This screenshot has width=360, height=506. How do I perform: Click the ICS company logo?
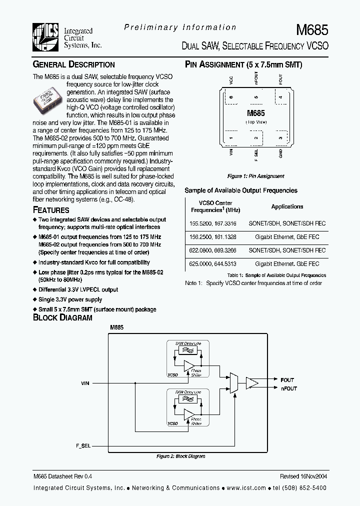point(45,36)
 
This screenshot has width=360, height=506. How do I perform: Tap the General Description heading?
point(73,64)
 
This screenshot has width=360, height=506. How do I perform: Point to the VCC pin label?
point(231,80)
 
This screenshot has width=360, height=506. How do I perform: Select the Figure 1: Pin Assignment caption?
point(255,176)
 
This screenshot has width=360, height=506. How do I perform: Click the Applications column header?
point(287,206)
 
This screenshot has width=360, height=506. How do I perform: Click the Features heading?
point(51,210)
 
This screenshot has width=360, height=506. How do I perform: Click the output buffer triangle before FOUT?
point(252,383)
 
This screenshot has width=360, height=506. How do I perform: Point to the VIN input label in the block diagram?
point(85,383)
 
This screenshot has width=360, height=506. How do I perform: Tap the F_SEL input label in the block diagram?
point(84,445)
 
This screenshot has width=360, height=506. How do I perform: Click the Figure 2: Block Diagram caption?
point(180,456)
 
